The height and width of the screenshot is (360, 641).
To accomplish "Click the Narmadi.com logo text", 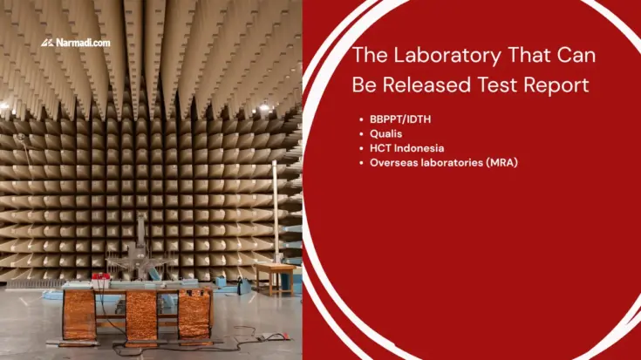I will click(x=88, y=42).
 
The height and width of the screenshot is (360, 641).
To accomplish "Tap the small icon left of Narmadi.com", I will click(x=48, y=42).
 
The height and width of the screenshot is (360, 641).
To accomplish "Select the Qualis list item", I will click(x=385, y=133).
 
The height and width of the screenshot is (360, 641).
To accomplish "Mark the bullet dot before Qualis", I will click(x=361, y=133).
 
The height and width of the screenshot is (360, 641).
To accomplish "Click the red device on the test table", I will click(x=101, y=278).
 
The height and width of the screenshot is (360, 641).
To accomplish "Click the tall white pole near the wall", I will click(x=276, y=214).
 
